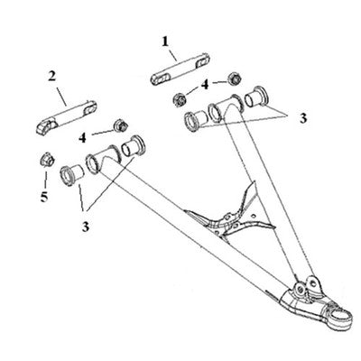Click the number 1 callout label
pyautogui.click(x=165, y=42)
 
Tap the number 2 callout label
pyautogui.click(x=52, y=77)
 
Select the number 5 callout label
pyautogui.click(x=44, y=197)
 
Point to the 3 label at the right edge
pyautogui.click(x=303, y=118)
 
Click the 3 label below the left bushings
pyautogui.click(x=86, y=227)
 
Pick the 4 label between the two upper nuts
pyautogui.click(x=205, y=85)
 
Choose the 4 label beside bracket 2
pyautogui.click(x=82, y=138)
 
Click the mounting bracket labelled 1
pyautogui.click(x=180, y=69)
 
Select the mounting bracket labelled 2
pyautogui.click(x=67, y=116)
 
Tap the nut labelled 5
pyautogui.click(x=47, y=160)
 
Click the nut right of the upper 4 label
pyautogui.click(x=235, y=79)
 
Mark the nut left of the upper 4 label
pyautogui.click(x=180, y=99)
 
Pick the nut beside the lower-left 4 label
pyautogui.click(x=121, y=125)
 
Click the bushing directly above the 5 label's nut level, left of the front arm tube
pyautogui.click(x=71, y=175)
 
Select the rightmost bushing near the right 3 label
pyautogui.click(x=256, y=97)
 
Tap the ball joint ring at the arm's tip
pyautogui.click(x=340, y=317)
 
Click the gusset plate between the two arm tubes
pyautogui.click(x=230, y=216)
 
